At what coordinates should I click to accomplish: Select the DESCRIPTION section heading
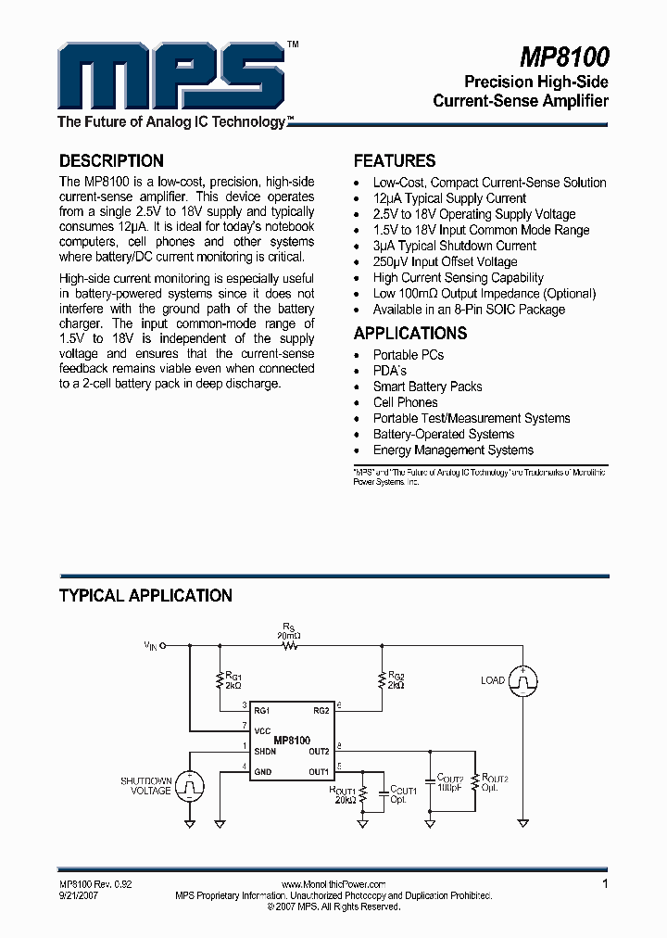tap(111, 160)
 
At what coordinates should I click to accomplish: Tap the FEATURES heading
tap(395, 160)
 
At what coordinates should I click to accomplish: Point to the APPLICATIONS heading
tap(410, 334)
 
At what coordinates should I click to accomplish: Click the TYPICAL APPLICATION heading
tap(145, 596)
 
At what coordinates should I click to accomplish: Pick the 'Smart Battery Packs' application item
tap(427, 387)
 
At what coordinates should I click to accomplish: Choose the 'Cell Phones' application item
tap(405, 402)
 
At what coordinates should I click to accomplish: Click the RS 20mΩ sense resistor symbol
tap(291, 649)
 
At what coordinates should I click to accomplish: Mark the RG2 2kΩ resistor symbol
tap(380, 683)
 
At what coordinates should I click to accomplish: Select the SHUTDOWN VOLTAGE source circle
tap(190, 786)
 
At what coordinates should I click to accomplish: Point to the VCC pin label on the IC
tap(262, 730)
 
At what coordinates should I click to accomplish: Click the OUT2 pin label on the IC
tap(319, 751)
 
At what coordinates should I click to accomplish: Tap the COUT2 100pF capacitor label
tap(450, 782)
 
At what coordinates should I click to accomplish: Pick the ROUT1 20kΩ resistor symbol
tap(362, 794)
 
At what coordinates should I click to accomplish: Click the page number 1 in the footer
tap(605, 884)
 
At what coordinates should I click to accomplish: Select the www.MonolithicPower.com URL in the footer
tap(333, 885)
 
